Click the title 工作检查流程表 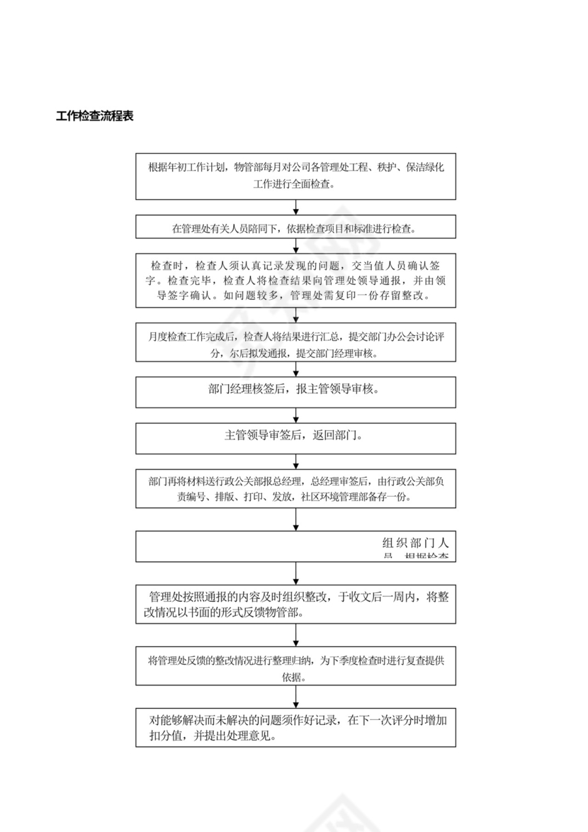(95, 116)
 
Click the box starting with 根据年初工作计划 (295, 176)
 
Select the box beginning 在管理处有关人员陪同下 (295, 229)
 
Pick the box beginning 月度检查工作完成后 (295, 344)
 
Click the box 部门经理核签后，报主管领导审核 (295, 391)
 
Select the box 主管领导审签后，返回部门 (295, 438)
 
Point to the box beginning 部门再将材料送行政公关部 (295, 488)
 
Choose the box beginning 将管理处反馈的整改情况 (295, 667)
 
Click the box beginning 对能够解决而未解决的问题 (295, 727)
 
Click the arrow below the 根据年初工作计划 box (295, 207)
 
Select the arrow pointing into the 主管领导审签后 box (295, 417)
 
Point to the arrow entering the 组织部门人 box (295, 520)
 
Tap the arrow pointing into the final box (295, 697)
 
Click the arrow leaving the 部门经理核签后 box (295, 415)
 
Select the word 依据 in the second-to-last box (295, 676)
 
